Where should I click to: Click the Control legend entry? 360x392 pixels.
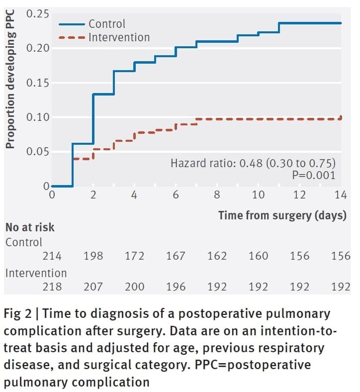point(107,23)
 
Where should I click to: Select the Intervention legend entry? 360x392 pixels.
point(119,37)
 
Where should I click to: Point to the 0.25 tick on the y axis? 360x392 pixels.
point(38,14)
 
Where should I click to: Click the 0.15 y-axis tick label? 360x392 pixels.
point(38,83)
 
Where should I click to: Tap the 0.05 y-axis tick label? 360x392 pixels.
point(38,152)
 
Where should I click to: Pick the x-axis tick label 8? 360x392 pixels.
point(217,195)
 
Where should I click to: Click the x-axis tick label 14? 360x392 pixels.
point(341,195)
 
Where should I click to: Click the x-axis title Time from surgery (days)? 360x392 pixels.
point(282,215)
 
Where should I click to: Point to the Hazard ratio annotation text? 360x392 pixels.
point(253,163)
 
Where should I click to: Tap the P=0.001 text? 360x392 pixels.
point(313,175)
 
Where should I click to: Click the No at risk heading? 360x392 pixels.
point(30,228)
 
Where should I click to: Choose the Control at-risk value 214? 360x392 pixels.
point(52,256)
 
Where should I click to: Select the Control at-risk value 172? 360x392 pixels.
point(134,256)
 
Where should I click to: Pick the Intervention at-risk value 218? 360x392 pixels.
point(52,287)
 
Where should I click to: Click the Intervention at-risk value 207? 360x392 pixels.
point(93,287)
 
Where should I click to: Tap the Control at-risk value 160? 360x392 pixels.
point(258,256)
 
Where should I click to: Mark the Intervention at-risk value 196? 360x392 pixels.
point(176,287)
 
